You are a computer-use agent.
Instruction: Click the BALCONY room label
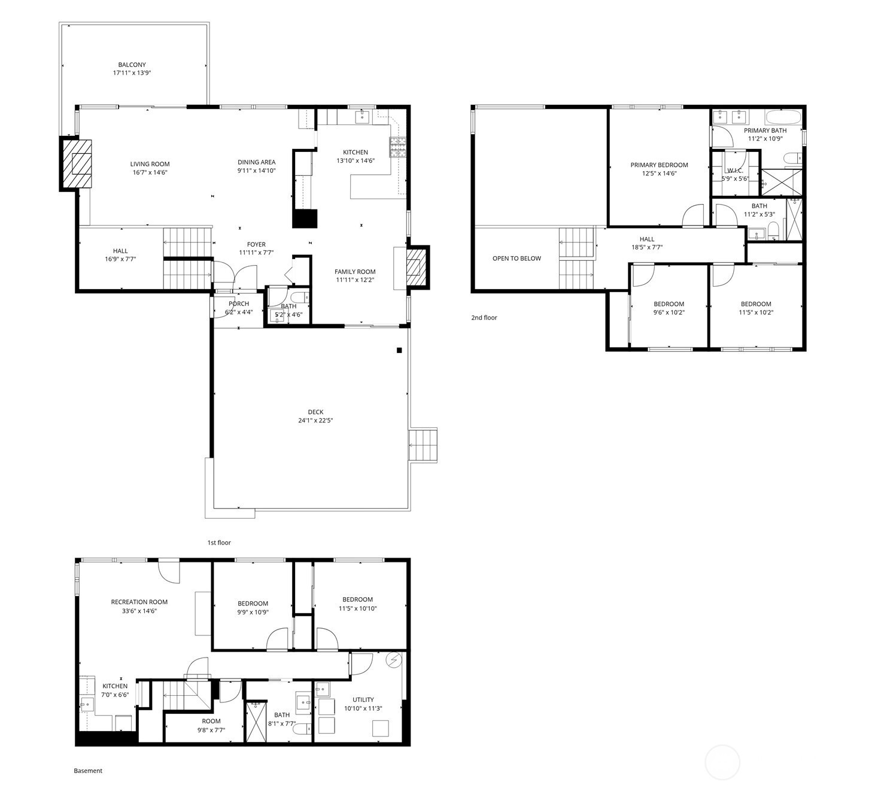tap(132, 65)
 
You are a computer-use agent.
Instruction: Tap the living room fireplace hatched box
tap(77, 163)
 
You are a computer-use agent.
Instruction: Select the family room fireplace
tap(416, 267)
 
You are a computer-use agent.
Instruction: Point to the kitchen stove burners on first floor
tap(398, 147)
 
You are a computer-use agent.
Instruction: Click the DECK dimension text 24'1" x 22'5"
tap(315, 420)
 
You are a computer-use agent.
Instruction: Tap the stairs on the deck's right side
tap(423, 446)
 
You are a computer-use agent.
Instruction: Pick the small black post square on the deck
tap(399, 350)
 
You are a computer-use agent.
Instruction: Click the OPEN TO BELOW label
tap(517, 258)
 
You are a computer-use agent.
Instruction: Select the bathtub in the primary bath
tap(782, 117)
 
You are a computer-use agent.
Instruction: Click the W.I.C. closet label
tap(735, 171)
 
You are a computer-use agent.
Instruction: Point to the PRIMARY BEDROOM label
tap(660, 165)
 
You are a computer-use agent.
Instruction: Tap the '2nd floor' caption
tap(484, 318)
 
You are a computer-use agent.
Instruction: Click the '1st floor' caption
tap(219, 543)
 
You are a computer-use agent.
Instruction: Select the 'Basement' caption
tap(88, 771)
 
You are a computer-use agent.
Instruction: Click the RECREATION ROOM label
tap(139, 602)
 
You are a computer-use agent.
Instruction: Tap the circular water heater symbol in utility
tap(393, 661)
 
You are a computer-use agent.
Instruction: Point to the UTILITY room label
tap(363, 699)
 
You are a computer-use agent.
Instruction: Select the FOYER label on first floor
tap(257, 244)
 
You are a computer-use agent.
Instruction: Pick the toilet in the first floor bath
tap(299, 298)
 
